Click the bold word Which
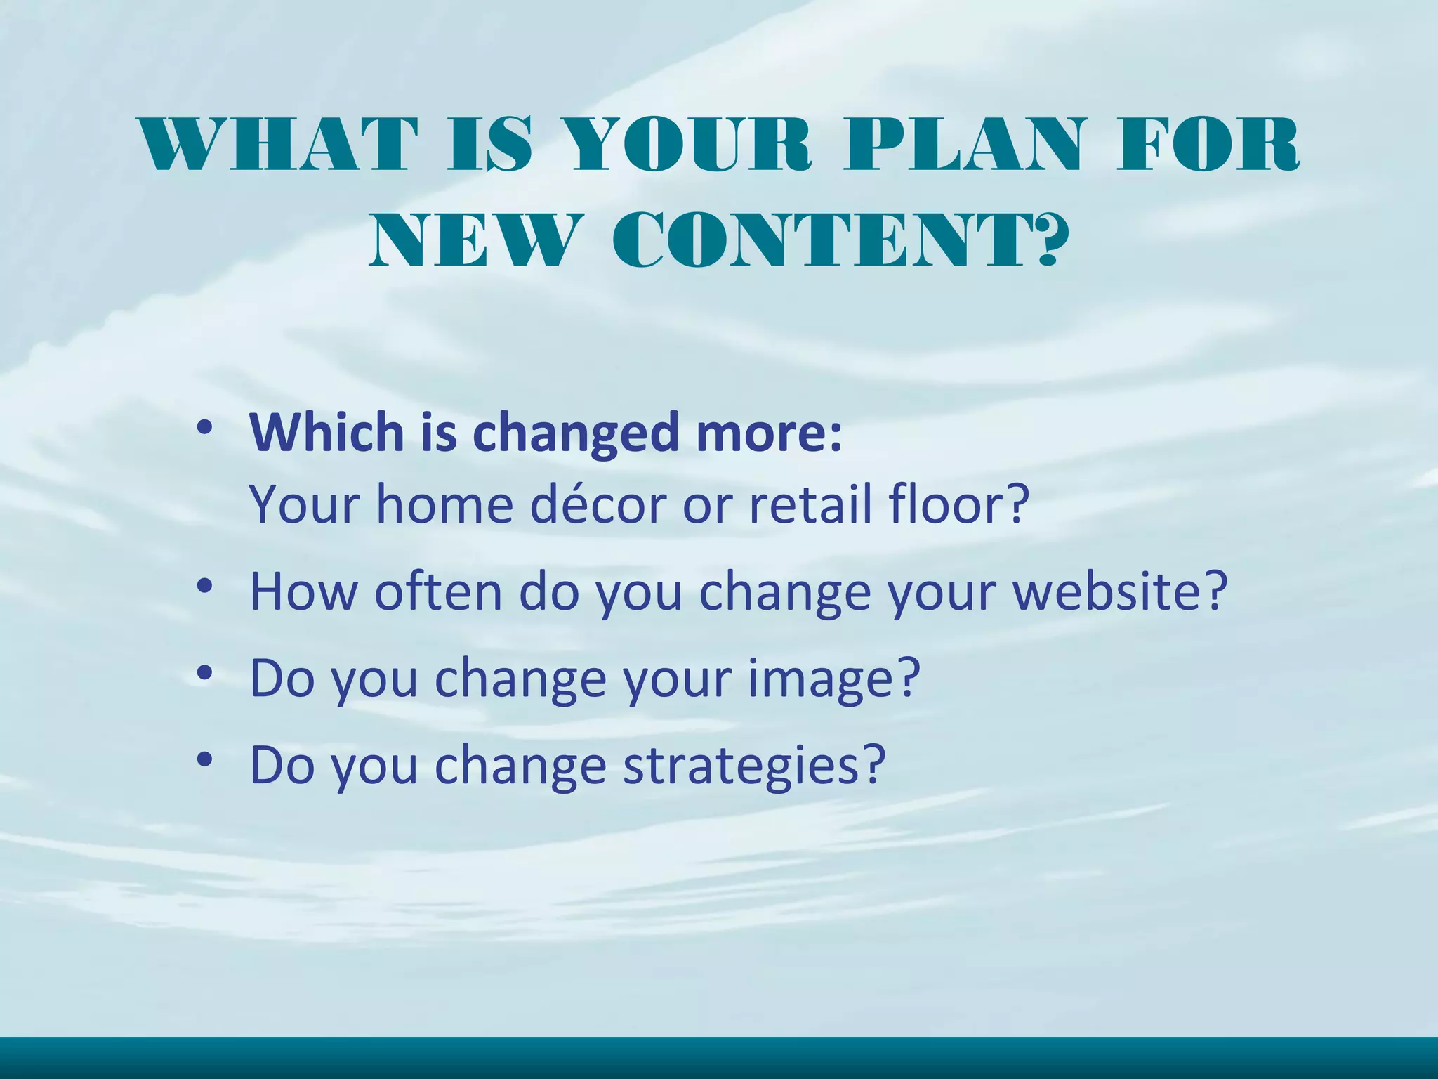coord(327,432)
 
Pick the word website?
coord(1120,591)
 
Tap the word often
coord(437,591)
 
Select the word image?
coord(833,679)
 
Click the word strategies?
coord(754,765)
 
